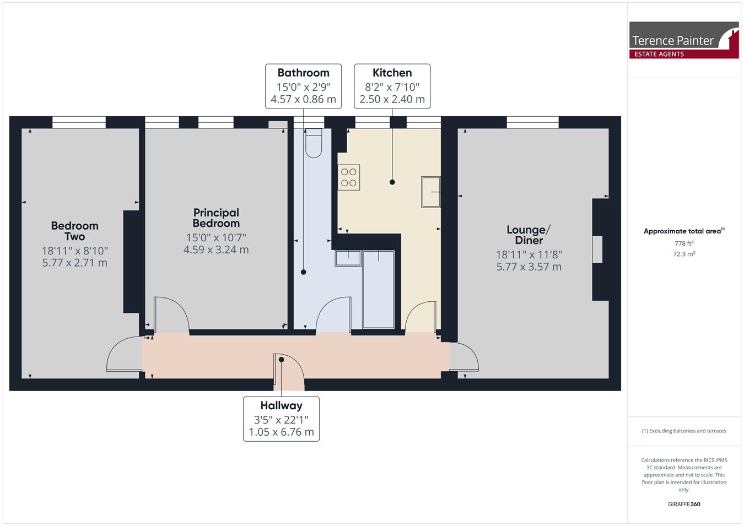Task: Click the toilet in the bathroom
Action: pyautogui.click(x=314, y=143)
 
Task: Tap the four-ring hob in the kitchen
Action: pyautogui.click(x=349, y=177)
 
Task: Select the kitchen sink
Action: pyautogui.click(x=431, y=192)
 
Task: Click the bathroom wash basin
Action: pyautogui.click(x=348, y=258)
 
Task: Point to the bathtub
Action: pyautogui.click(x=379, y=289)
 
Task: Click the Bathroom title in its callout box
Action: pyautogui.click(x=303, y=73)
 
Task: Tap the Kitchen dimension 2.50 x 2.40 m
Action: pyautogui.click(x=392, y=99)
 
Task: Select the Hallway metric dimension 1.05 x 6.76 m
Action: pyautogui.click(x=281, y=432)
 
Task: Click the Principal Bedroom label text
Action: pyautogui.click(x=216, y=218)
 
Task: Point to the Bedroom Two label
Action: pyautogui.click(x=75, y=231)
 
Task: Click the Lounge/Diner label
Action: pyautogui.click(x=529, y=235)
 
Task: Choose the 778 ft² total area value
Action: pyautogui.click(x=684, y=243)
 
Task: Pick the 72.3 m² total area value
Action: pyautogui.click(x=684, y=254)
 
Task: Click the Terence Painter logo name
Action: pyautogui.click(x=672, y=41)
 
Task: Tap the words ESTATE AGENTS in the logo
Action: pyautogui.click(x=659, y=54)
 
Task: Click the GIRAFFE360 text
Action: pyautogui.click(x=684, y=504)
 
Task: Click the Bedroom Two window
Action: pyautogui.click(x=79, y=122)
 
